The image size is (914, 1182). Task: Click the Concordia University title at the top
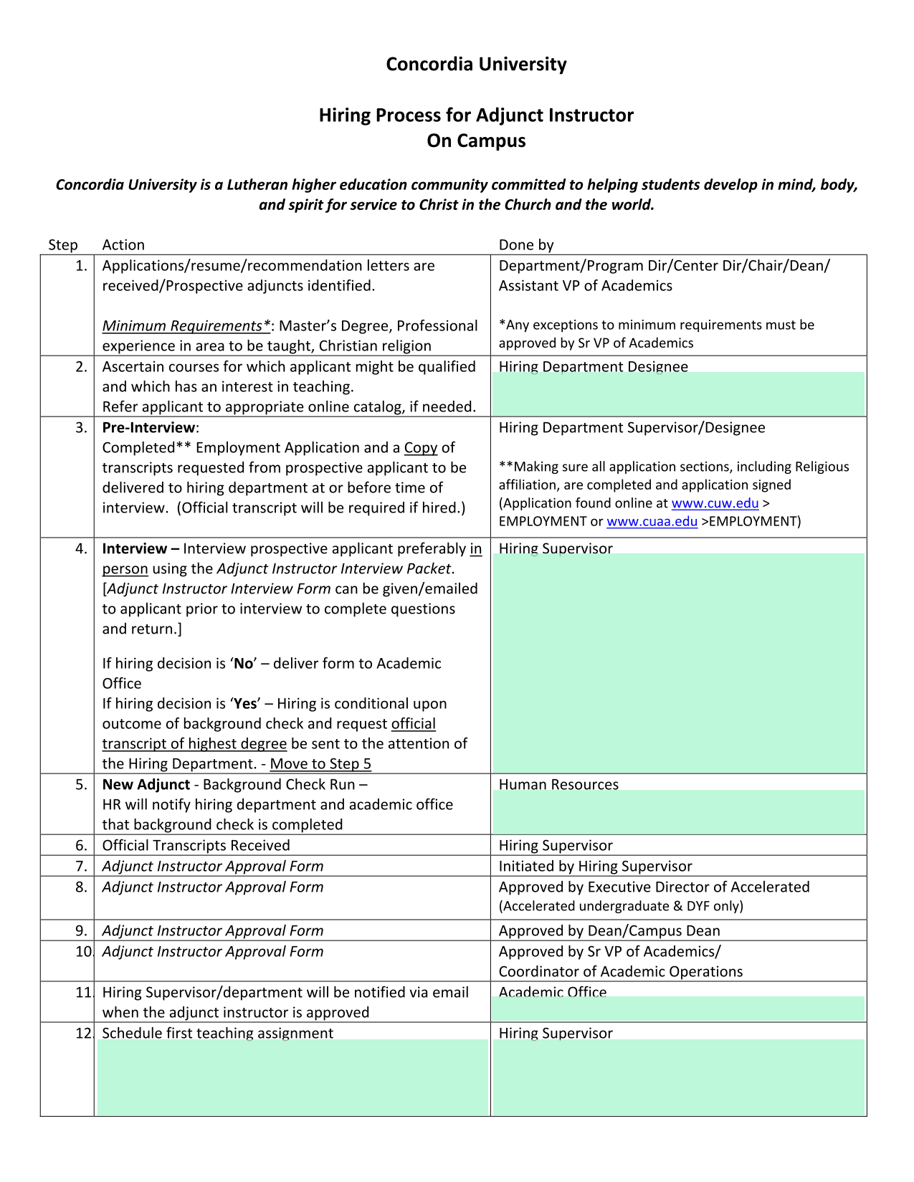476,65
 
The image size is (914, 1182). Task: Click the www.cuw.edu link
715,503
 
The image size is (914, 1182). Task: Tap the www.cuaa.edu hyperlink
652,522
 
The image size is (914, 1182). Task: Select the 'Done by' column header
526,245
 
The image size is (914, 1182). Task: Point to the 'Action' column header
123,245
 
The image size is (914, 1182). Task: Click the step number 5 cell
81,785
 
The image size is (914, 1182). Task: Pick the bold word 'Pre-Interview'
148,428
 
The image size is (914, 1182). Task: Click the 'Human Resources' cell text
558,785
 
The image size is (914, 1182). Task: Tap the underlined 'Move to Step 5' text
320,764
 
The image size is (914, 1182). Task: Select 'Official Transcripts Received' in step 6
196,846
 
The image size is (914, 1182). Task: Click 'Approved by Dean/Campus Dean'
609,931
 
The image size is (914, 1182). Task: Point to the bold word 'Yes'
245,704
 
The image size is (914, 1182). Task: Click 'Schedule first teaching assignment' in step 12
217,1033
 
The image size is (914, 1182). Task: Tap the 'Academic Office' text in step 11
553,993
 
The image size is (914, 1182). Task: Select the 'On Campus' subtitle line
476,141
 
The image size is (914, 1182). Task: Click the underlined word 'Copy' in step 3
421,448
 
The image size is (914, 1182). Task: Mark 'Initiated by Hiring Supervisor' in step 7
596,867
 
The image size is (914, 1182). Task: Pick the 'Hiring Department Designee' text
594,367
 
